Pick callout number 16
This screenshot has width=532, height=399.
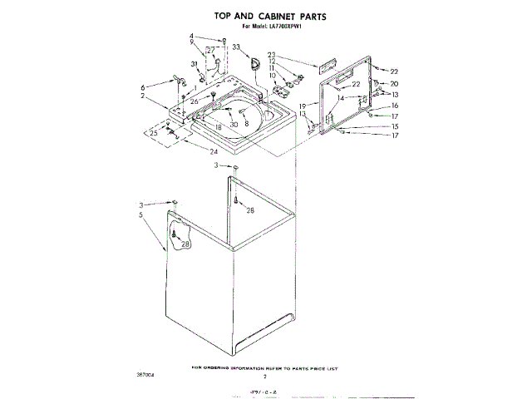[395, 106]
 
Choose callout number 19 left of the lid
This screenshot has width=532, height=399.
[303, 106]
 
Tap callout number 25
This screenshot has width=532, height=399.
[152, 132]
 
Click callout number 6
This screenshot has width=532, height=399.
[142, 86]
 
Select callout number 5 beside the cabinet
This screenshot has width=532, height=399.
[141, 214]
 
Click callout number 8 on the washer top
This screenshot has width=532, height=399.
[246, 123]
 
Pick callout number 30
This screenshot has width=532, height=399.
[234, 124]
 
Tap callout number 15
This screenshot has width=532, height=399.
[395, 126]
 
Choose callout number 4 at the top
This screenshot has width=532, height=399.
[190, 36]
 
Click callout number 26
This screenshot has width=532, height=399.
[195, 101]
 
